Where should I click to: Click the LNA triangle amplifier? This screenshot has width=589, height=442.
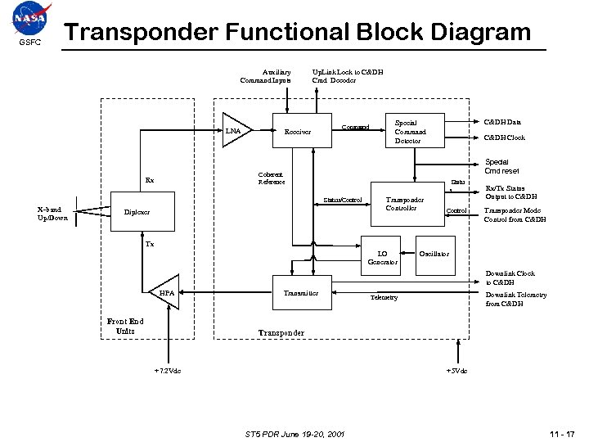[x=236, y=129]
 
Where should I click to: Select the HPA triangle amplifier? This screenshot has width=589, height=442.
[x=164, y=291]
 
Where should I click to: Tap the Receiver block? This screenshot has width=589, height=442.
[x=297, y=131]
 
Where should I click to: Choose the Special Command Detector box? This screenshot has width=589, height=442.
[x=409, y=131]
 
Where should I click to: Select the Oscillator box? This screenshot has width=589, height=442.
[x=434, y=254]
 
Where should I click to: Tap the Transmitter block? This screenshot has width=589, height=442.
[x=301, y=292]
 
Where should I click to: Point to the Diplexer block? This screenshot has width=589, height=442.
[x=137, y=213]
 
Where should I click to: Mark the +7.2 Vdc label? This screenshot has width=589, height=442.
[x=168, y=371]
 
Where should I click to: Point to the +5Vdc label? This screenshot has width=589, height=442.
[x=456, y=371]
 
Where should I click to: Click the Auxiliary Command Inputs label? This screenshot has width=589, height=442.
[x=265, y=76]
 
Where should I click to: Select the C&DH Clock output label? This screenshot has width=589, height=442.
[x=506, y=138]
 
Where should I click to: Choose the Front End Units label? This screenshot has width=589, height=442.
[x=125, y=326]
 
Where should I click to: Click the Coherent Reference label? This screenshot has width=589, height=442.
[x=271, y=178]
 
